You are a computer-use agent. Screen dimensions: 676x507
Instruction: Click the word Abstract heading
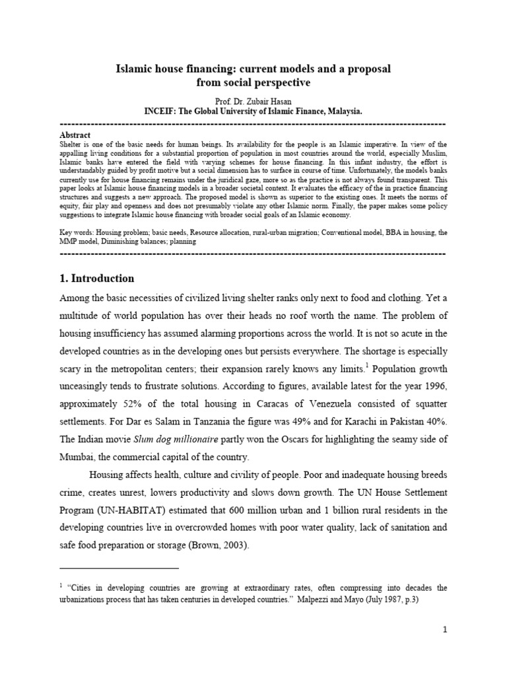click(x=75, y=135)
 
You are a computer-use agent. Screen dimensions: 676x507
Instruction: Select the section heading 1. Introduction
click(x=96, y=279)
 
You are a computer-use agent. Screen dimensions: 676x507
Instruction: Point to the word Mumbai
click(x=78, y=456)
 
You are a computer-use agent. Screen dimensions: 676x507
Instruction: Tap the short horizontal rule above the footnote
click(x=119, y=567)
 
